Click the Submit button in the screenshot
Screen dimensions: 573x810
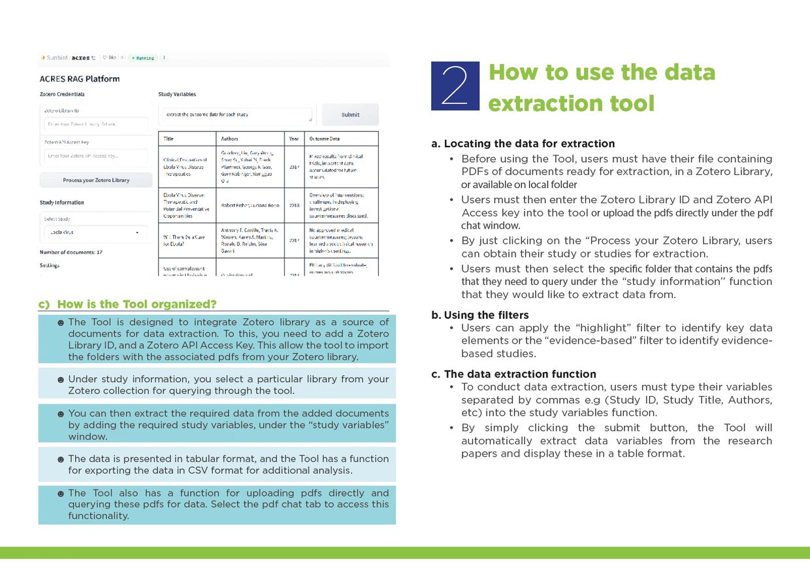click(350, 114)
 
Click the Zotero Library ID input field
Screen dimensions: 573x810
click(95, 124)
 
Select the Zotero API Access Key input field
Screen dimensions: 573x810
click(95, 156)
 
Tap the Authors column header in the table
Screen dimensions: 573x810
click(230, 139)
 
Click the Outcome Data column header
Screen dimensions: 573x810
click(325, 139)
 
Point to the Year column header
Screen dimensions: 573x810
click(294, 139)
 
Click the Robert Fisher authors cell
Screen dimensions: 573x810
click(250, 205)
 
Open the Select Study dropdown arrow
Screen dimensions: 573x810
click(137, 233)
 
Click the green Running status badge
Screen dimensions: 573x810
click(142, 58)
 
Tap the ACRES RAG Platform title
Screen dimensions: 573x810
click(80, 79)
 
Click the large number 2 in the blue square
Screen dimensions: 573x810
click(455, 86)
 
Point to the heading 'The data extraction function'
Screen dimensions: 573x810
click(520, 374)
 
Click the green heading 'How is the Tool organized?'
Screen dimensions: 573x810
click(137, 304)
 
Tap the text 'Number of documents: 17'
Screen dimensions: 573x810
click(71, 252)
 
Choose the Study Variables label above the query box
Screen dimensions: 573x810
click(177, 95)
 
